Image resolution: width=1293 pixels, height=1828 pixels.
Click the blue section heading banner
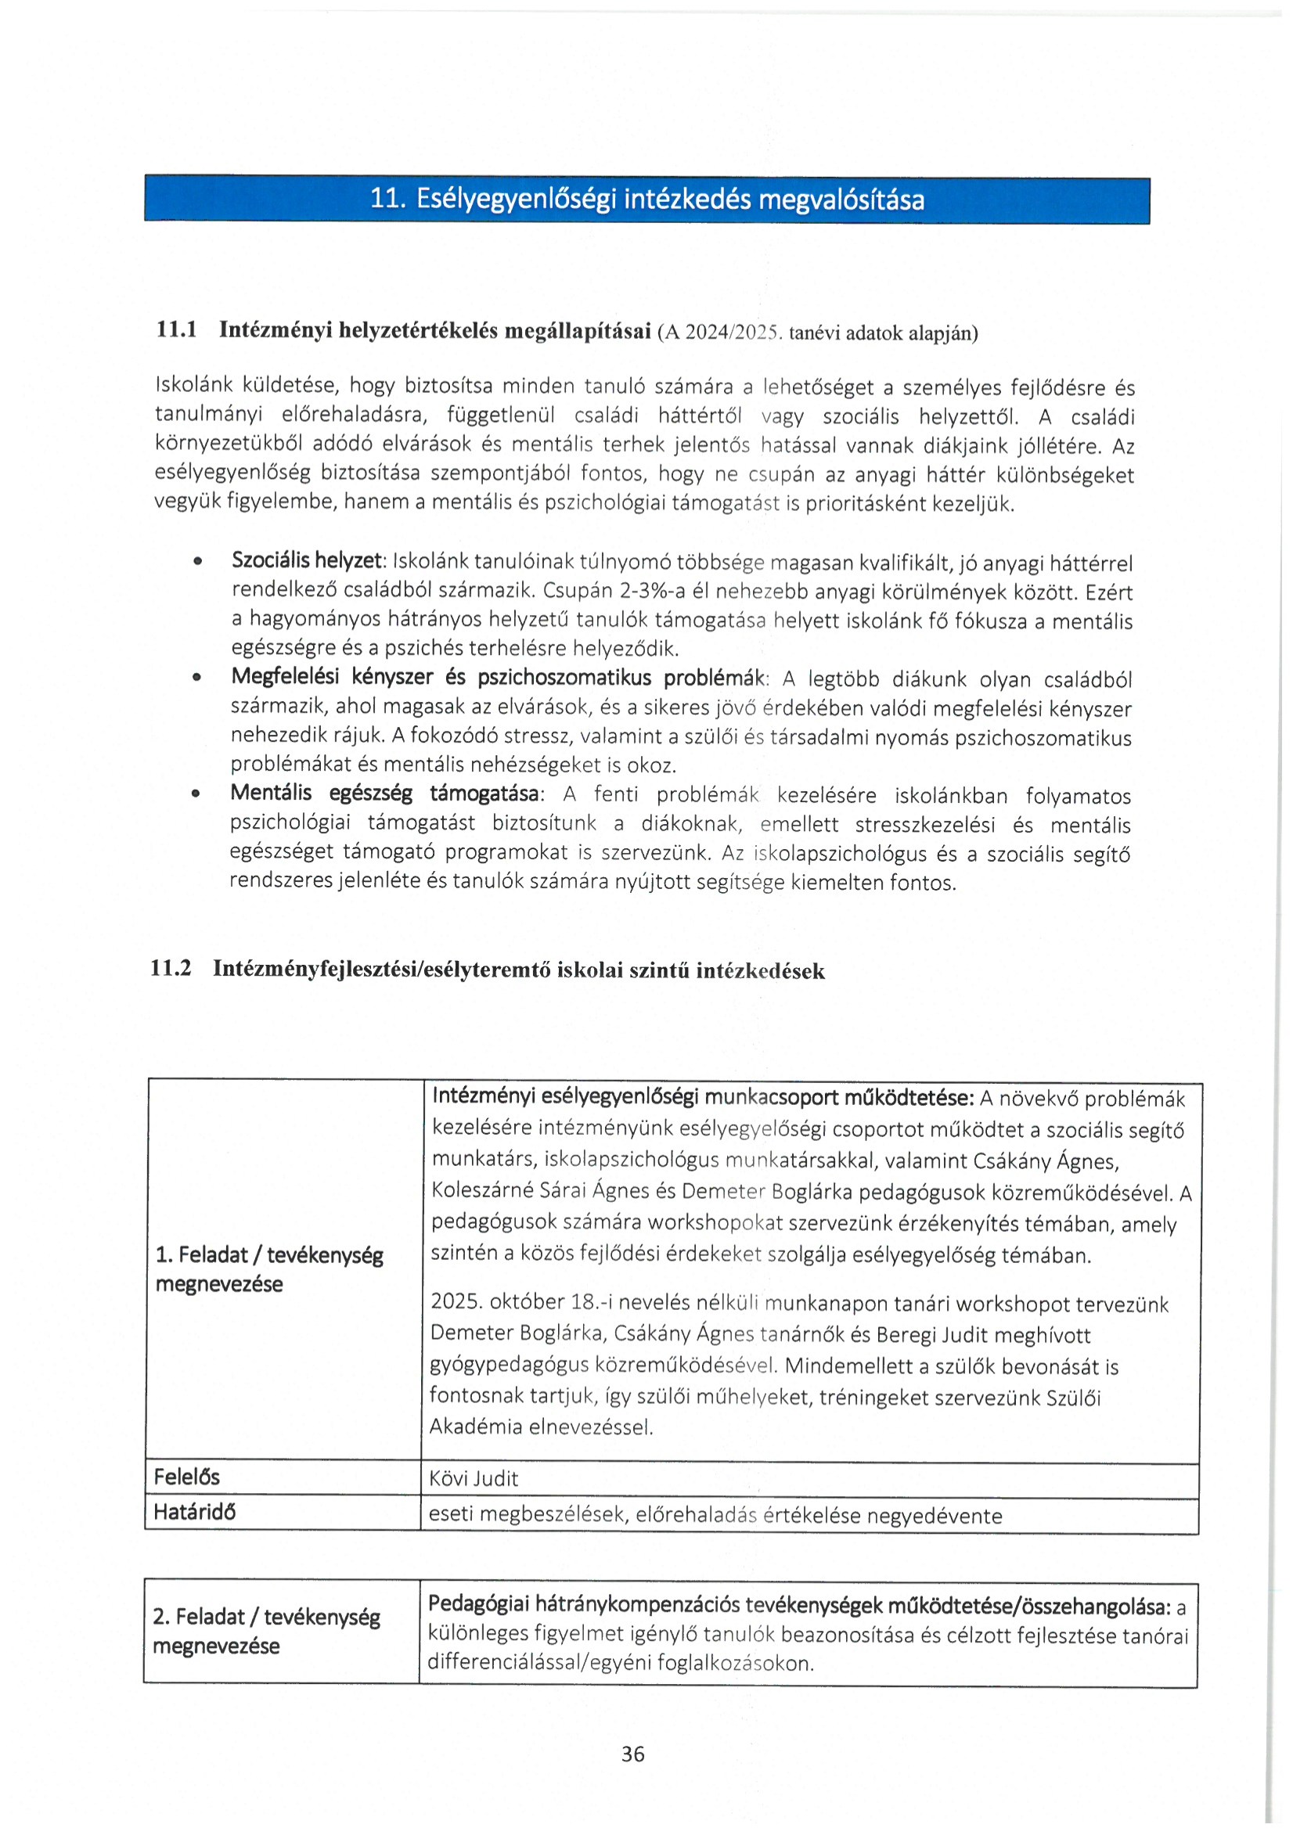tap(646, 199)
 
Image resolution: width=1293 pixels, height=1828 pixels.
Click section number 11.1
tap(176, 329)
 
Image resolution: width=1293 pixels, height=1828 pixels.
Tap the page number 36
tap(633, 1754)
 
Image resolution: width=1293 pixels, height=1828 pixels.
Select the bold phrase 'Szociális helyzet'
tap(308, 560)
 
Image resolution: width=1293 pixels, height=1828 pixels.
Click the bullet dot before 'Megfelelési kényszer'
tap(196, 678)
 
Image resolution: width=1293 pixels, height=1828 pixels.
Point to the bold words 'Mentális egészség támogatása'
tap(385, 793)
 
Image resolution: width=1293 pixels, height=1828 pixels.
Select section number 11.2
tap(171, 969)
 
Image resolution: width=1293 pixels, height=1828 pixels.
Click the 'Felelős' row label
tap(186, 1477)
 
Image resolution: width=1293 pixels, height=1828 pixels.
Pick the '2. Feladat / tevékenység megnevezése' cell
tap(266, 1632)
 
